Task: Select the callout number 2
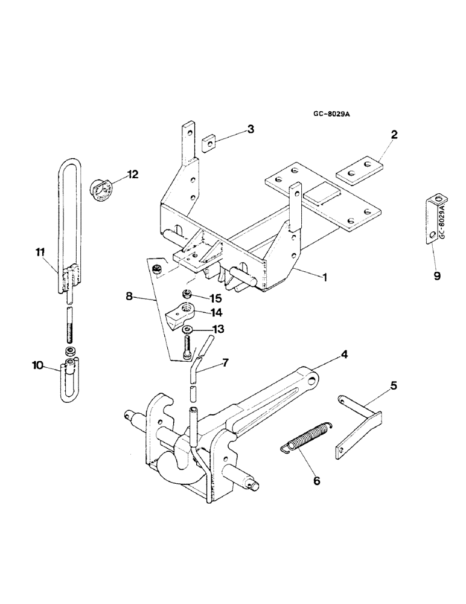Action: click(x=394, y=135)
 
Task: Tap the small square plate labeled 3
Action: click(x=209, y=141)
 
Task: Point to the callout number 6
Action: click(x=317, y=481)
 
